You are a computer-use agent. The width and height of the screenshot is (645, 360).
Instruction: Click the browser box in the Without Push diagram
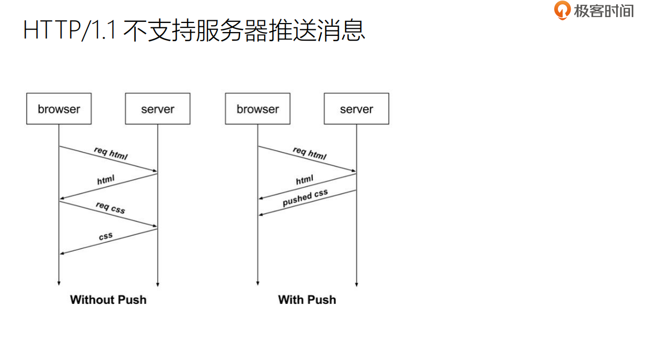coord(59,109)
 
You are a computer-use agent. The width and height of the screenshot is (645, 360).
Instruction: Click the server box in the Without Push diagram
coord(158,109)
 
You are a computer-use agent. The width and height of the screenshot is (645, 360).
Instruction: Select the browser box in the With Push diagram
coord(258,109)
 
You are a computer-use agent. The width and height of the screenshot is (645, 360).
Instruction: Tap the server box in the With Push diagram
coord(356,109)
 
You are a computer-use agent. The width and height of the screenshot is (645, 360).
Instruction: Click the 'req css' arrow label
coord(110,208)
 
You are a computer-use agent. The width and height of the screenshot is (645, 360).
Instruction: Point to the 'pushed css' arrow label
coord(305,198)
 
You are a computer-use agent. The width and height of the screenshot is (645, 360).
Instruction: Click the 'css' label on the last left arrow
coord(106,236)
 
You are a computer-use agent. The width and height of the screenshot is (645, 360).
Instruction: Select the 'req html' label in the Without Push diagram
coord(111,153)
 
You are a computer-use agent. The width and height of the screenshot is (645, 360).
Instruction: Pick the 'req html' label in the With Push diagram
coord(309,153)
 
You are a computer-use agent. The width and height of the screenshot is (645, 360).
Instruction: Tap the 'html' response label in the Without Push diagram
coord(106,180)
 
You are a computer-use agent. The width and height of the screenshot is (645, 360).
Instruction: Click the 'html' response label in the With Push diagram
coord(305,180)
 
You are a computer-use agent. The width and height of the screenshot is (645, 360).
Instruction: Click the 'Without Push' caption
coord(108,300)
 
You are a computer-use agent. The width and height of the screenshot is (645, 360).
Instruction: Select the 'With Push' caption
coord(307,300)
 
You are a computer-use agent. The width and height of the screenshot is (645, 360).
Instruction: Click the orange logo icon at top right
coord(562,10)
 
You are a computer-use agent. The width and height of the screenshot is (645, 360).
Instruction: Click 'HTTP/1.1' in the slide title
coord(70,30)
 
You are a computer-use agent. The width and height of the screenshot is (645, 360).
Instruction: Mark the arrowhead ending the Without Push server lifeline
coord(158,284)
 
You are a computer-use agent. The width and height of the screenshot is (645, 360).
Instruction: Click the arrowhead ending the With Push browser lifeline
coord(258,284)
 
